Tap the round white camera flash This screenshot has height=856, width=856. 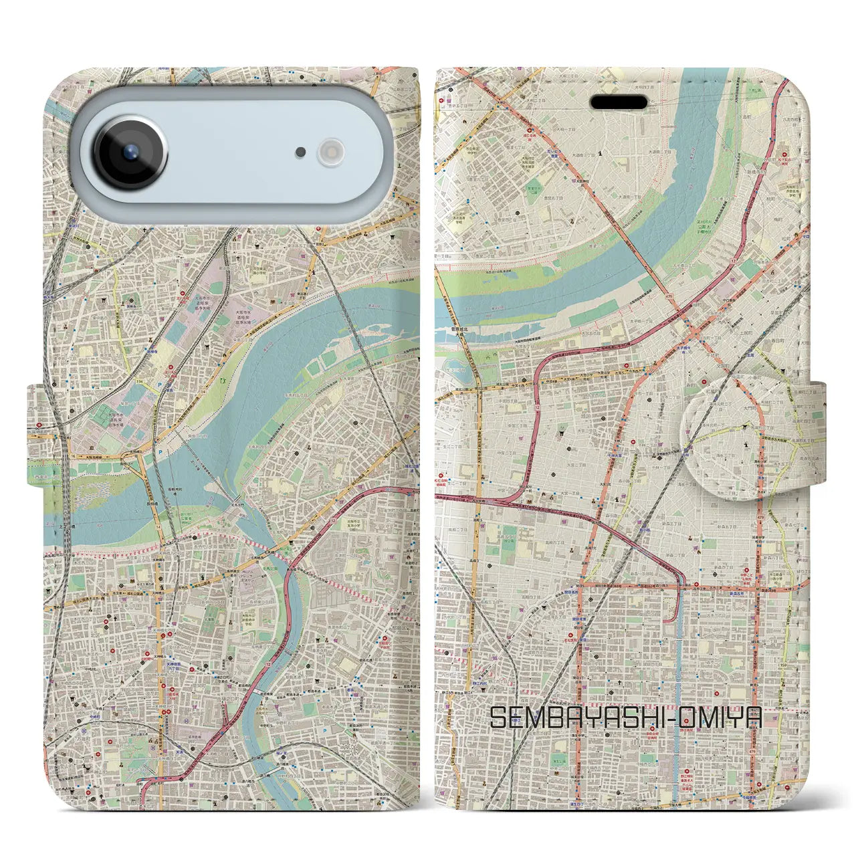(x=330, y=152)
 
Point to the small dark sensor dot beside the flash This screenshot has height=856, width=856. (x=301, y=152)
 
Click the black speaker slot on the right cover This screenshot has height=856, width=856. (x=619, y=102)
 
